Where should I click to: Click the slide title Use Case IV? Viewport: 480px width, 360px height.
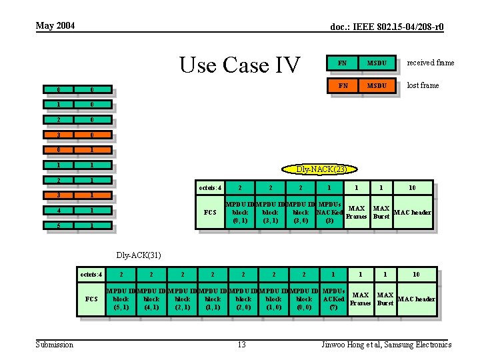pyautogui.click(x=240, y=65)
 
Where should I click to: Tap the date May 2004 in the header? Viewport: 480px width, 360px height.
pyautogui.click(x=55, y=26)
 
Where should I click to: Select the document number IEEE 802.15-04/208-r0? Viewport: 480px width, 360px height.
pyautogui.click(x=387, y=27)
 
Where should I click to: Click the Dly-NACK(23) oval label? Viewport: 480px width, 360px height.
pyautogui.click(x=322, y=169)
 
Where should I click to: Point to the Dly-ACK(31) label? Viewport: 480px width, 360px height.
pyautogui.click(x=139, y=255)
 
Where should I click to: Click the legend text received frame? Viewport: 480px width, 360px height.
pyautogui.click(x=431, y=63)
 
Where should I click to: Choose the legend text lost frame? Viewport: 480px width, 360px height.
pyautogui.click(x=423, y=85)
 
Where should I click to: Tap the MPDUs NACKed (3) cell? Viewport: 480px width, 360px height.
pyautogui.click(x=329, y=212)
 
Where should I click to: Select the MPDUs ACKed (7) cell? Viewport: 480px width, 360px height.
pyautogui.click(x=333, y=299)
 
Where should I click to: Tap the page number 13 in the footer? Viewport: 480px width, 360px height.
pyautogui.click(x=241, y=344)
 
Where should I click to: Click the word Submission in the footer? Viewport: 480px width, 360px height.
pyautogui.click(x=55, y=344)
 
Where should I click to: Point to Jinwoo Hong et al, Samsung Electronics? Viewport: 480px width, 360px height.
pyautogui.click(x=387, y=344)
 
